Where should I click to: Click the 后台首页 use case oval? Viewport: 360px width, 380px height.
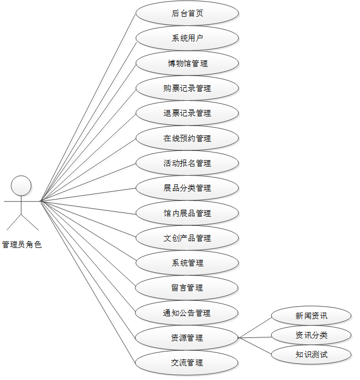point(187,13)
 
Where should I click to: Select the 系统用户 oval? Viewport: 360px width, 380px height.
point(187,38)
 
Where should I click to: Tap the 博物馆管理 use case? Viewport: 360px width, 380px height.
point(187,63)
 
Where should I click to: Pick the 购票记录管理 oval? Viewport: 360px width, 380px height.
point(187,88)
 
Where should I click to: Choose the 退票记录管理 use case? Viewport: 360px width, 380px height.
point(187,113)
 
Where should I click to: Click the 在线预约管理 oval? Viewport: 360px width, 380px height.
point(187,138)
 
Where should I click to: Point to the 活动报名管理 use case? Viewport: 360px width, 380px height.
point(187,163)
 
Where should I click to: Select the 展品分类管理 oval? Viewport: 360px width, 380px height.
point(187,188)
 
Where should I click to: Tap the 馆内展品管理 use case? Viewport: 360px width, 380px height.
point(187,213)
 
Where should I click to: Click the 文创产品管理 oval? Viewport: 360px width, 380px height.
point(187,238)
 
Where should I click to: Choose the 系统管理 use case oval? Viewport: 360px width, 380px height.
point(187,263)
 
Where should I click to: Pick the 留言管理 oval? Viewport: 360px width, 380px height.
point(187,288)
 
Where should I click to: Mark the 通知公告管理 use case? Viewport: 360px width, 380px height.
point(187,313)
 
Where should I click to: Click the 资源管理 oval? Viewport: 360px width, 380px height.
point(187,338)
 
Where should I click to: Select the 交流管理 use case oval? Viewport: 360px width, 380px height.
point(187,363)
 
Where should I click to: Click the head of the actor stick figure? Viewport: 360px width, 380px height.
point(22,185)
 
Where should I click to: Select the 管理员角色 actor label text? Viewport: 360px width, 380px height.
point(22,245)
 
